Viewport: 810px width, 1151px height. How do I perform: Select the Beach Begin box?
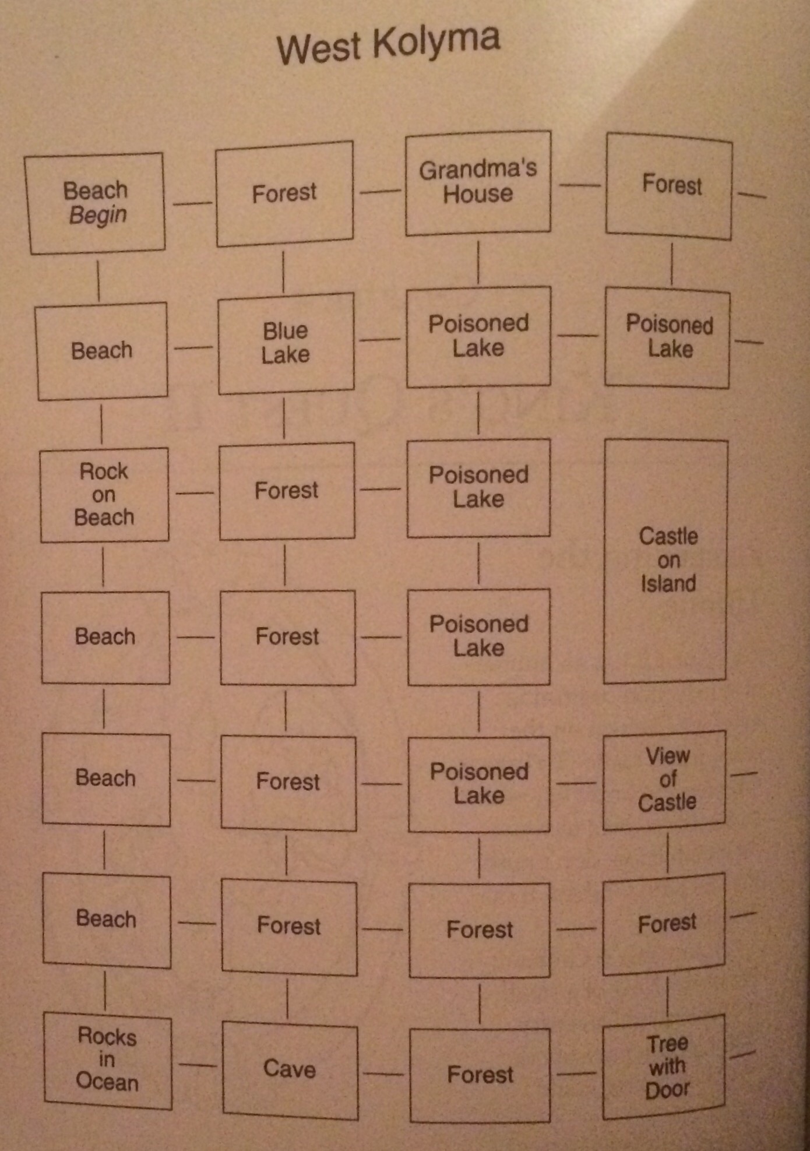pos(95,203)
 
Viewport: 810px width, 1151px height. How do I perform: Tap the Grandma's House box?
pos(478,182)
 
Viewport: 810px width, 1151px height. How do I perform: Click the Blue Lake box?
pos(286,343)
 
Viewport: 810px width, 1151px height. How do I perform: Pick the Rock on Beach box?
pos(104,494)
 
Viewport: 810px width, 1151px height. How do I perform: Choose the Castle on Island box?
pos(666,561)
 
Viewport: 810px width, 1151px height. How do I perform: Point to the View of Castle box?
pos(665,779)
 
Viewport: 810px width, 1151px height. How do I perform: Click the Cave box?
pos(290,1069)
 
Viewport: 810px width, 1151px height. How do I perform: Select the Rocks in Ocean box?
pos(108,1060)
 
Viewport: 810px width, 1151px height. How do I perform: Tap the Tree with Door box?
pos(665,1066)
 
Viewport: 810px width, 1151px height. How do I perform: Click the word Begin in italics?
pos(98,215)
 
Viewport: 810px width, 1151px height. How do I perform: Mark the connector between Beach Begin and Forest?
pos(192,203)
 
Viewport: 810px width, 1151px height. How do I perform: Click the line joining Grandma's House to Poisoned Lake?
pos(478,262)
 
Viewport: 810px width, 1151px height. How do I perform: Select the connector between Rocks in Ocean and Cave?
pos(198,1065)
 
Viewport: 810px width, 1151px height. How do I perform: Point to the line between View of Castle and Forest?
pos(668,853)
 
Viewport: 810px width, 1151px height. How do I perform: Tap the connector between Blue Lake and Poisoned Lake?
pos(380,339)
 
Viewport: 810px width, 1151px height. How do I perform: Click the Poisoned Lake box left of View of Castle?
pos(479,783)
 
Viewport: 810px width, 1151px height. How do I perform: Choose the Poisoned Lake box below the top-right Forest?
pos(668,337)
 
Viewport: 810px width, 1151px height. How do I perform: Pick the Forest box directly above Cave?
pos(289,927)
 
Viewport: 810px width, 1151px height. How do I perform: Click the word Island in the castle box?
pos(668,583)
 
